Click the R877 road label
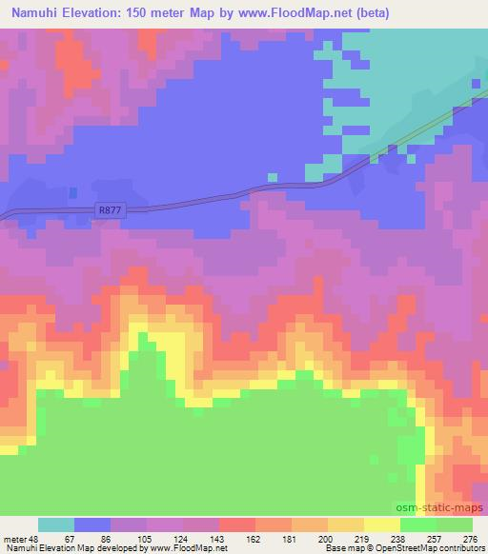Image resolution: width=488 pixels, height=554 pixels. pos(111,211)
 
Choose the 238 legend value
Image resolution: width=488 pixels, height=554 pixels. pos(400,538)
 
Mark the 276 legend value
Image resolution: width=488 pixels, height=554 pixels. pos(471,538)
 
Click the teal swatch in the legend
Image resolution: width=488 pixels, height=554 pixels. pos(56,524)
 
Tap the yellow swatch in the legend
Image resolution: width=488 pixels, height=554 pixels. pos(381,524)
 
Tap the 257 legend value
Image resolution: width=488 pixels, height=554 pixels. pos(437,538)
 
